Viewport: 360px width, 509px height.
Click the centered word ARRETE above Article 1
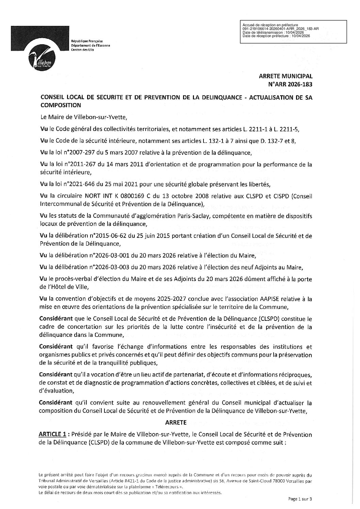(176, 422)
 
